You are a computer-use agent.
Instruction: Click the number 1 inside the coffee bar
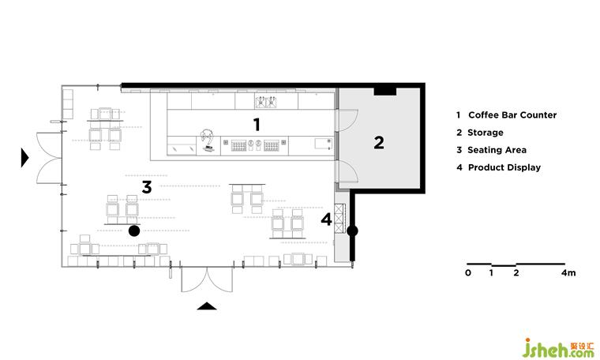[257, 125]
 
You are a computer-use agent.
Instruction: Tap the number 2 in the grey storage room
[379, 143]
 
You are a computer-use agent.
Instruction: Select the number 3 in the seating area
[147, 187]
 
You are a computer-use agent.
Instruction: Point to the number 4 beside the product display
[326, 219]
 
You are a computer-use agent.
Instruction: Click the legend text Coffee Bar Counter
[512, 114]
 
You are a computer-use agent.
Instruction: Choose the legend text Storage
[486, 133]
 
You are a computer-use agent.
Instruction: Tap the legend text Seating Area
[497, 150]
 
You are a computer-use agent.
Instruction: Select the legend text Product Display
[504, 167]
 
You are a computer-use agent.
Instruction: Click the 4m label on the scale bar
[568, 273]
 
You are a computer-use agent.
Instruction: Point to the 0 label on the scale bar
[468, 273]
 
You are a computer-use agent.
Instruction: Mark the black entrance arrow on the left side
[25, 158]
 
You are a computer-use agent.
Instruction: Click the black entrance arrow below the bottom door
[207, 306]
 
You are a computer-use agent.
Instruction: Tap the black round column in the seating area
[134, 231]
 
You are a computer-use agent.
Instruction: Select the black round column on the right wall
[352, 231]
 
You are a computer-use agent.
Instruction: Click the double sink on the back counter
[266, 102]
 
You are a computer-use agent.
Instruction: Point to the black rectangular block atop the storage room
[385, 92]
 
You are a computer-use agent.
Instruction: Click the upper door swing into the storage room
[347, 121]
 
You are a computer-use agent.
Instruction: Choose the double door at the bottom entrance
[207, 279]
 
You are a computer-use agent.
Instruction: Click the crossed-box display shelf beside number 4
[339, 219]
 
